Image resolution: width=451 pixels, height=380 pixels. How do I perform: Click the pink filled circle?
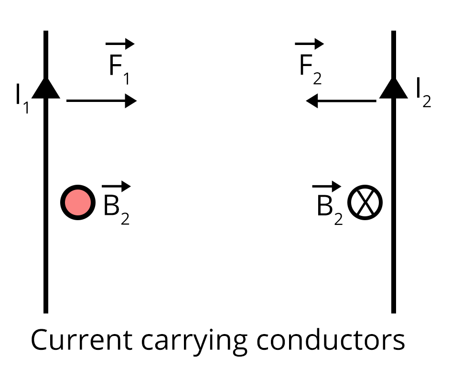(x=76, y=202)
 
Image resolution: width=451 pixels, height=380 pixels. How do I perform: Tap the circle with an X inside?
(x=365, y=202)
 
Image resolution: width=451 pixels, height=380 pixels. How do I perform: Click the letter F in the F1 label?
(x=116, y=66)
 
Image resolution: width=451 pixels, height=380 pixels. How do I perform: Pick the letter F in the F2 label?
(x=306, y=66)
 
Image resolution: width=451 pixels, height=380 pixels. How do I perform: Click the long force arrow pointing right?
(x=101, y=101)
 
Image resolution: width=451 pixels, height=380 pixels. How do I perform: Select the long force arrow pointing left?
(x=341, y=101)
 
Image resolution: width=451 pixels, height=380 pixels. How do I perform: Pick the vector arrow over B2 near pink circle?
(x=116, y=186)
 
